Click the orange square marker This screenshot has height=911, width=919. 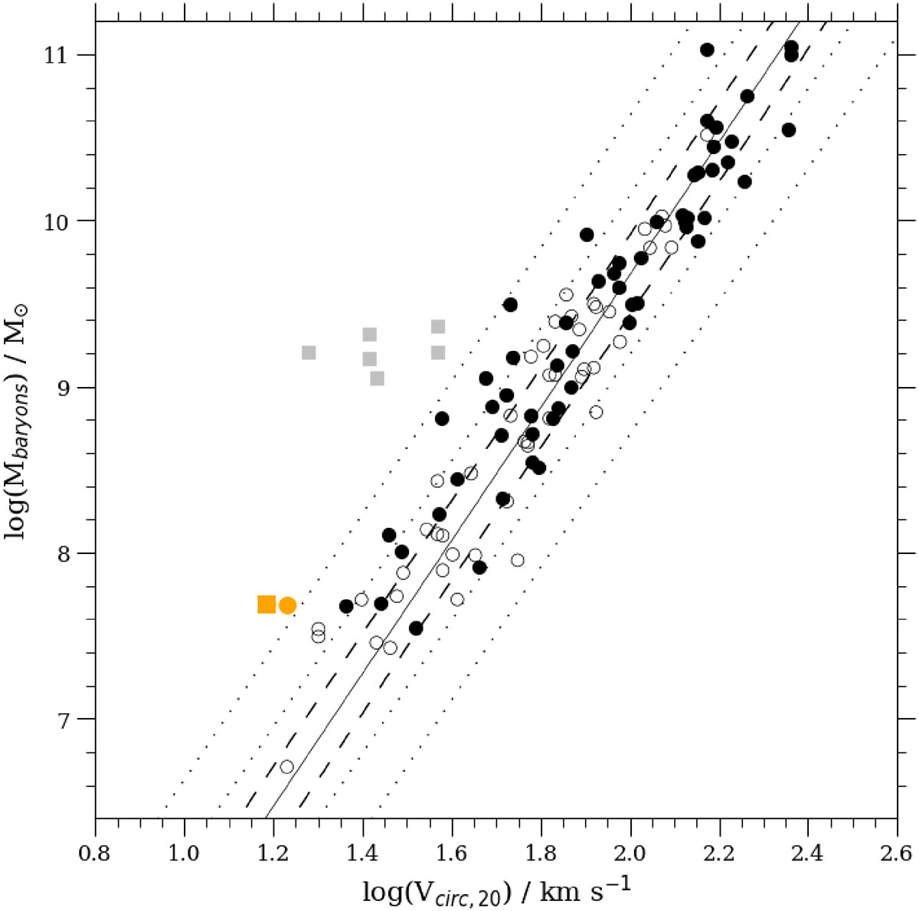pyautogui.click(x=267, y=605)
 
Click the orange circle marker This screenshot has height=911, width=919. pyautogui.click(x=287, y=605)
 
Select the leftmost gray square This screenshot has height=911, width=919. pyautogui.click(x=309, y=352)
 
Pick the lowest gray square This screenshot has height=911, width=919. pyautogui.click(x=377, y=378)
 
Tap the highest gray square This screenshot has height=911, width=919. pyautogui.click(x=438, y=326)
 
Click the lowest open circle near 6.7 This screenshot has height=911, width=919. pyautogui.click(x=286, y=767)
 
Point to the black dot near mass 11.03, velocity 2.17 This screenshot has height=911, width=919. pyautogui.click(x=707, y=50)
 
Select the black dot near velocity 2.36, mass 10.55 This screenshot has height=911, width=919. pyautogui.click(x=789, y=129)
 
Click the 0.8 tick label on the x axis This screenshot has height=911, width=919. pyautogui.click(x=94, y=854)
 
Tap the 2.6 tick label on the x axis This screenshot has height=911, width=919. pyautogui.click(x=897, y=854)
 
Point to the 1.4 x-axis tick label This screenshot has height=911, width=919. pyautogui.click(x=362, y=854)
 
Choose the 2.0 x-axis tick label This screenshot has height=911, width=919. pyautogui.click(x=630, y=854)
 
